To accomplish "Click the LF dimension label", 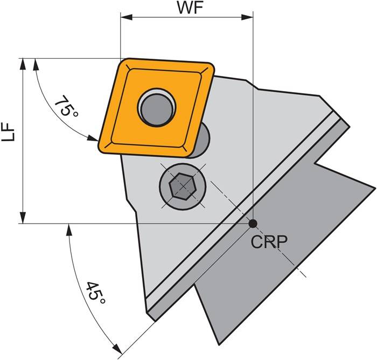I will pyautogui.click(x=8, y=131).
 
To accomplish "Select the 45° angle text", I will pyautogui.click(x=96, y=295).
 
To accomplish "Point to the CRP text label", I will pyautogui.click(x=269, y=241).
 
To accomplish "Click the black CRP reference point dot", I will pyautogui.click(x=253, y=223).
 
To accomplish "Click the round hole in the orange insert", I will pyautogui.click(x=156, y=106).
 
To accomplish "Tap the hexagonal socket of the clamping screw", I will pyautogui.click(x=182, y=187).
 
